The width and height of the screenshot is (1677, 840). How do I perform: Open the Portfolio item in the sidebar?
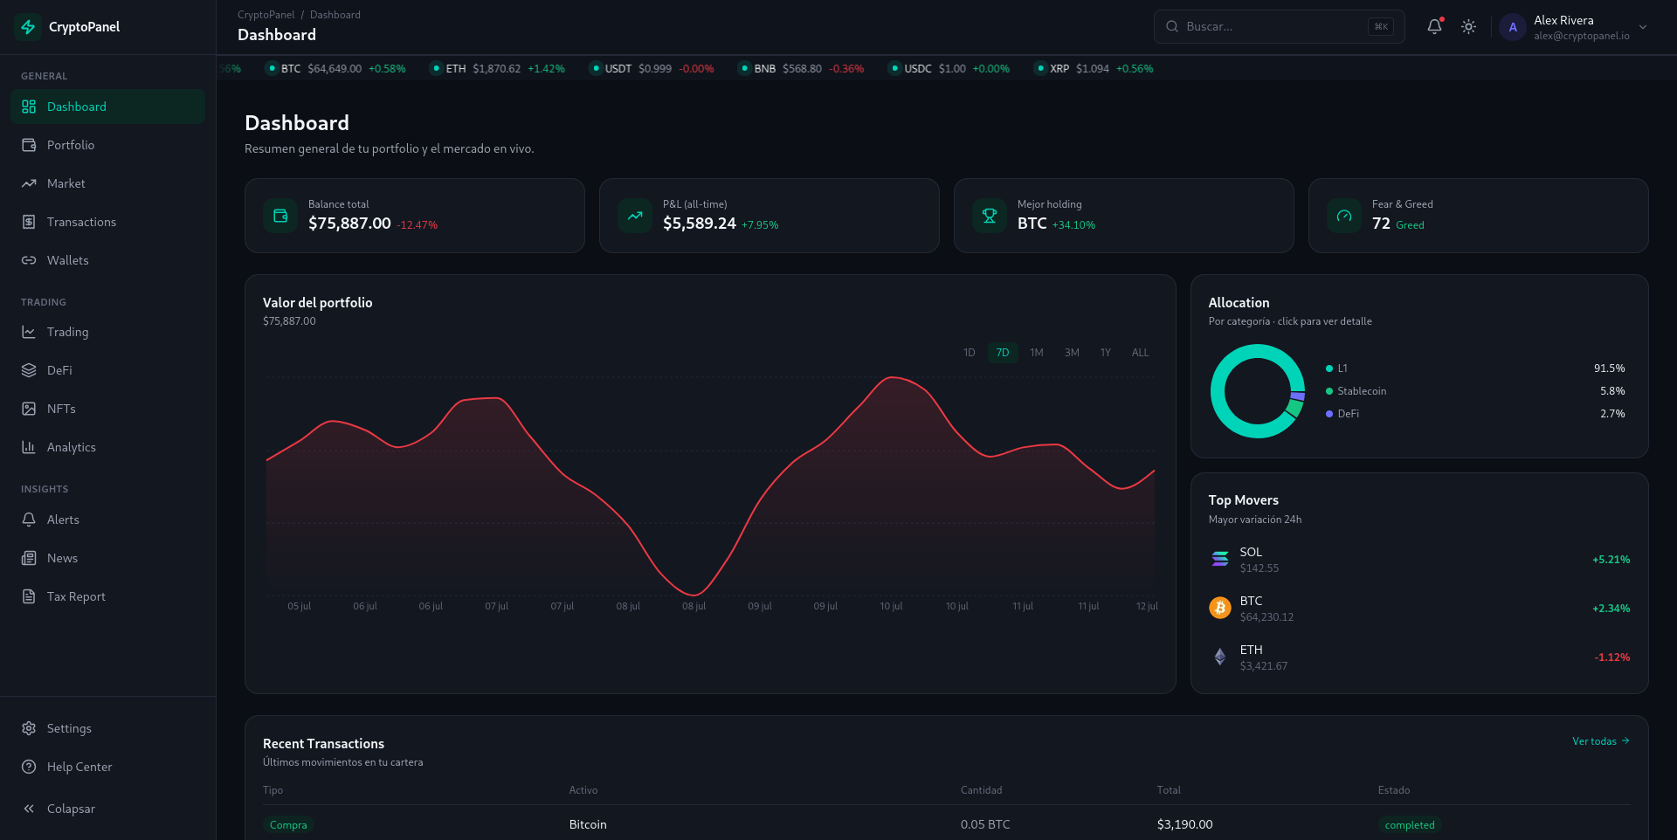pyautogui.click(x=71, y=145)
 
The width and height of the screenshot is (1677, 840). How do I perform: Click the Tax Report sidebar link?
pyautogui.click(x=76, y=596)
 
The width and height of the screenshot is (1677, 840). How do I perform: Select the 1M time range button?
pyautogui.click(x=1037, y=353)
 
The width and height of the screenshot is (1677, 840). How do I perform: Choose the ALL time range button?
pyautogui.click(x=1140, y=353)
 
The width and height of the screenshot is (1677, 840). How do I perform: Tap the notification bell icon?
pyautogui.click(x=1434, y=26)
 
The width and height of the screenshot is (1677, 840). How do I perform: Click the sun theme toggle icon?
pyautogui.click(x=1469, y=27)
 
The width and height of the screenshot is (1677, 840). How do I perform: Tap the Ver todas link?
pyautogui.click(x=1601, y=741)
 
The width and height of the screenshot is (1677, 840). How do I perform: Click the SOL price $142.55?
pyautogui.click(x=1259, y=568)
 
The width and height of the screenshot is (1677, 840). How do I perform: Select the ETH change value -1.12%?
pyautogui.click(x=1611, y=658)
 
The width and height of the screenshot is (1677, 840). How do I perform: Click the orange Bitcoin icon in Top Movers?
pyautogui.click(x=1220, y=608)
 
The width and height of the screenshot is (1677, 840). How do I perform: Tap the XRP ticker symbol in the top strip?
pyautogui.click(x=1059, y=69)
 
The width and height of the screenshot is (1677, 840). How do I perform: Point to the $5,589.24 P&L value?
pyautogui.click(x=700, y=224)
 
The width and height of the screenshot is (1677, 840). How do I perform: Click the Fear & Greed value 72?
pyautogui.click(x=1381, y=224)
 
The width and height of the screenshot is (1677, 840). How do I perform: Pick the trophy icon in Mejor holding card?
pyautogui.click(x=990, y=216)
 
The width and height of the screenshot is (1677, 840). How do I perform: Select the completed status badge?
pyautogui.click(x=1410, y=825)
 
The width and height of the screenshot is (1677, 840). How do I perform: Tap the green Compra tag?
pyautogui.click(x=288, y=825)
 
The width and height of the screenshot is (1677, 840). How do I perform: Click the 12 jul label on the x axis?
pyautogui.click(x=1147, y=606)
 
